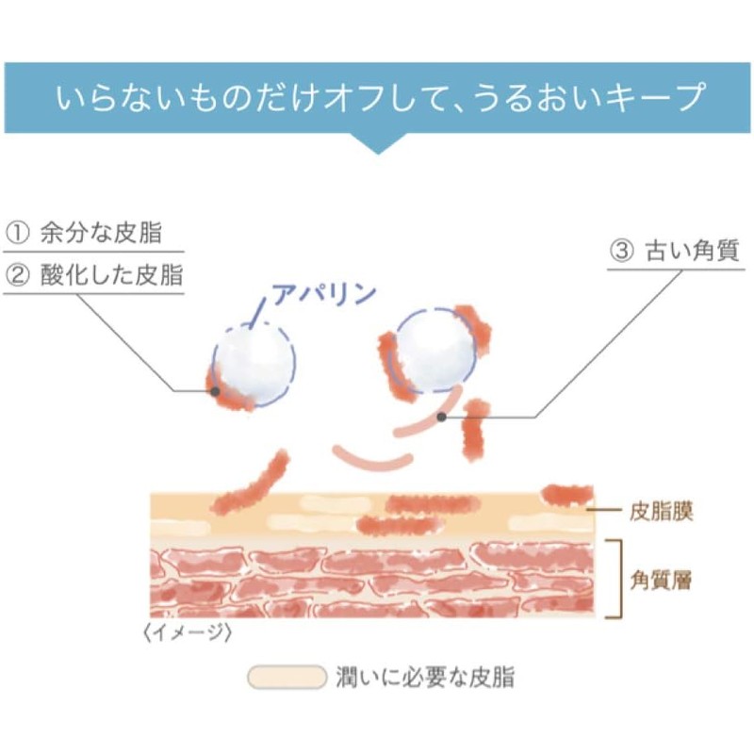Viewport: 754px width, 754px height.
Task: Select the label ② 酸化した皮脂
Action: (x=92, y=275)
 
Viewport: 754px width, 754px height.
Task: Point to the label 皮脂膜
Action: (x=660, y=512)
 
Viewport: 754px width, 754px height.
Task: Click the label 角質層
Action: (x=660, y=580)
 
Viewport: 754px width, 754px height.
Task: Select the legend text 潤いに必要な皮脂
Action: (x=425, y=677)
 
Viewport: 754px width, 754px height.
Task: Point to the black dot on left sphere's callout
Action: (x=216, y=390)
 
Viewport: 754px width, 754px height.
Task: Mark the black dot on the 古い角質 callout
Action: (x=441, y=417)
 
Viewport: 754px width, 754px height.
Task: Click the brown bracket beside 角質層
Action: (x=614, y=579)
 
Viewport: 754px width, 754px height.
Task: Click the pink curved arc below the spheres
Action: (x=372, y=462)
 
